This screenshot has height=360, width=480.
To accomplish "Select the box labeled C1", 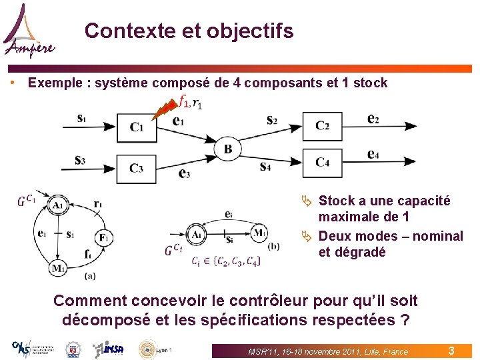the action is (x=136, y=127).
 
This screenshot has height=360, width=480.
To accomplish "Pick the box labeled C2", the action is (x=322, y=125).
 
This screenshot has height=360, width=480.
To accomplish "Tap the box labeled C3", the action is (x=136, y=169).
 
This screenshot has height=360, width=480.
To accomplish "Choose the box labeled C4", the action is (x=322, y=162).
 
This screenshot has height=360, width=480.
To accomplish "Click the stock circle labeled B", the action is (x=228, y=149).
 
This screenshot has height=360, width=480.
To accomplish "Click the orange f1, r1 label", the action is (x=191, y=102).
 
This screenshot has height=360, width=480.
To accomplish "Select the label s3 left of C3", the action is (x=81, y=160).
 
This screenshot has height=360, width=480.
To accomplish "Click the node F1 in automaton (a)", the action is (x=103, y=237).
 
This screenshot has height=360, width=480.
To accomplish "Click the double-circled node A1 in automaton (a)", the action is (x=59, y=205).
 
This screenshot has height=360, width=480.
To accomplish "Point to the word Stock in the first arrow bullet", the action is (x=337, y=201).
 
